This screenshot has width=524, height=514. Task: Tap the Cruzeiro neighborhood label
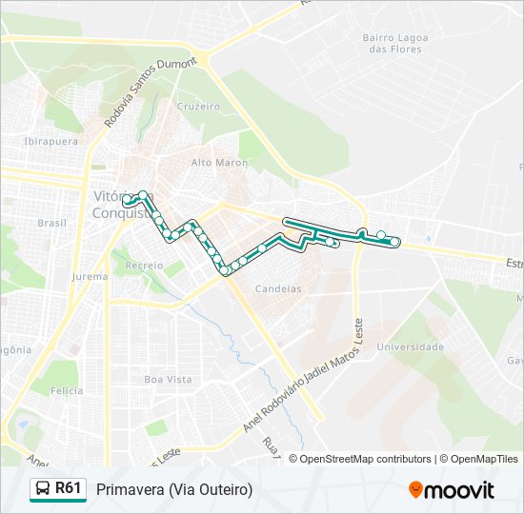(198, 107)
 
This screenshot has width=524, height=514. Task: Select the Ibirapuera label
(50, 141)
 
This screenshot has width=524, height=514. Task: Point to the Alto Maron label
(219, 163)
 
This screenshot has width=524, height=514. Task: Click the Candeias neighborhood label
(278, 287)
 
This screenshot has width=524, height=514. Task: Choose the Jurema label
(90, 277)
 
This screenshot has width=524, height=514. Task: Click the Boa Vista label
(168, 379)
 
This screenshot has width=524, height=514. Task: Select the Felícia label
(68, 390)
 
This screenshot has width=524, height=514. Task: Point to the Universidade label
(410, 347)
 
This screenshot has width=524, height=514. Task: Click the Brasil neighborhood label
(51, 223)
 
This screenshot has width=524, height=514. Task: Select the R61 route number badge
(68, 488)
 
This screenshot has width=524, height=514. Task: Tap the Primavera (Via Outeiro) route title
(174, 489)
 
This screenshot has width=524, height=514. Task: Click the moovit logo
(452, 489)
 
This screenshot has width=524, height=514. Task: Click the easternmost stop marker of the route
(394, 242)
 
